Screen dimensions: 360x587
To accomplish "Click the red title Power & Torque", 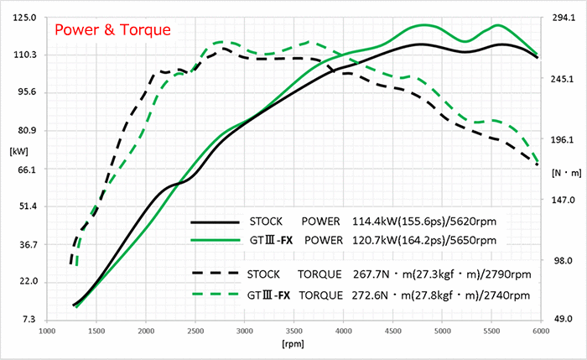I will point(112,32).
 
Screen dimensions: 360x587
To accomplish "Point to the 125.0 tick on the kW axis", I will point(26,17).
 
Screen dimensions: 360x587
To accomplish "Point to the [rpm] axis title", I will point(293,345).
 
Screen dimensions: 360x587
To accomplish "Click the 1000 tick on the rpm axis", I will point(46,331).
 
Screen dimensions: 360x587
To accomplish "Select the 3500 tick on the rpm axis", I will point(293,331).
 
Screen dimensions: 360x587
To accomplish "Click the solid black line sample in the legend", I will point(216,223).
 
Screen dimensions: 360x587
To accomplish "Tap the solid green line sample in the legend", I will point(216,241).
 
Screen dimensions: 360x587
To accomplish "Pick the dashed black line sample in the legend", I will point(216,273).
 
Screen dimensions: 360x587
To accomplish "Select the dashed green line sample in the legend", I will point(216,295).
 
